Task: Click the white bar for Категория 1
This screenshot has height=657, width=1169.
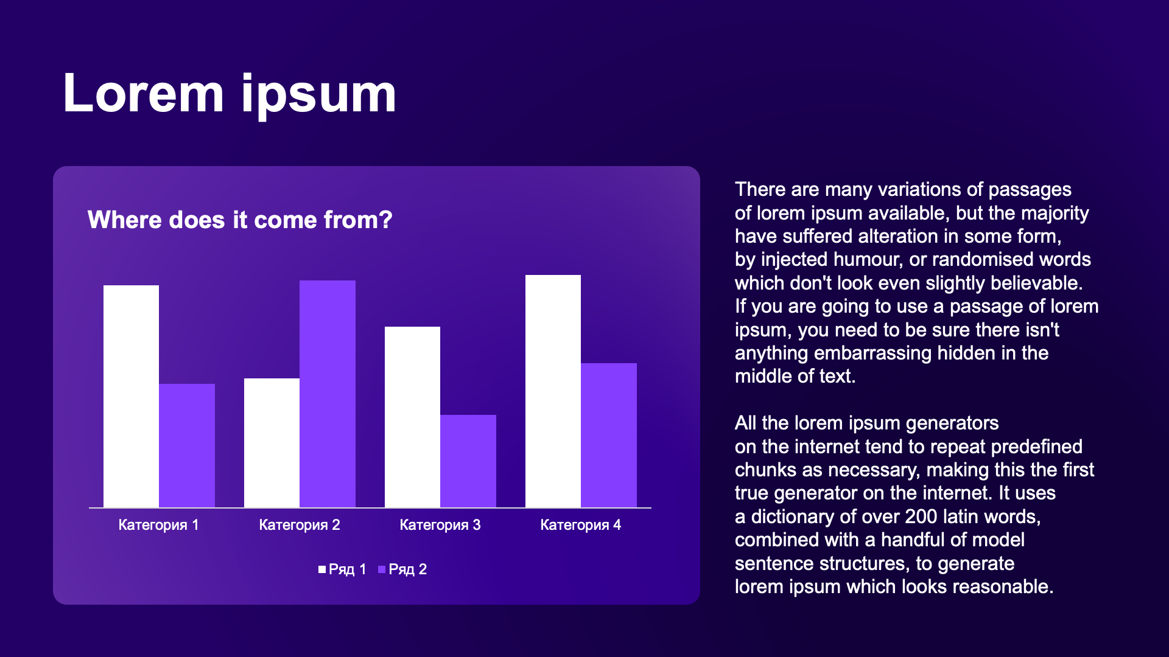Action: [x=131, y=396]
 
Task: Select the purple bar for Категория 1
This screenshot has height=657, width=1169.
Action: [x=187, y=445]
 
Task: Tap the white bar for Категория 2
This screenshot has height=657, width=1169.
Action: [x=272, y=443]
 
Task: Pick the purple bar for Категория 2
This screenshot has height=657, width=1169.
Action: [x=328, y=394]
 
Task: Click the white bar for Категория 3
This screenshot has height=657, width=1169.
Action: [x=412, y=417]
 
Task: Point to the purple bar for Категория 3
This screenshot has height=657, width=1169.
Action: [x=468, y=461]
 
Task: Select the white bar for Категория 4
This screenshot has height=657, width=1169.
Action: [x=553, y=391]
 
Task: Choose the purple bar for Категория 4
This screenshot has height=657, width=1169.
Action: [x=609, y=435]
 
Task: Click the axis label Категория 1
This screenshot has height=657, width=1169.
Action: [x=158, y=525]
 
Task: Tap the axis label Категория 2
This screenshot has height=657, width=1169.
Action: [x=300, y=525]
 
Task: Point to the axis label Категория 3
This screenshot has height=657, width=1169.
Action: [x=440, y=525]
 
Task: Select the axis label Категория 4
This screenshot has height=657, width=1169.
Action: [x=581, y=525]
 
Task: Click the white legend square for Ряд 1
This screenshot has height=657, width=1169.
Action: [x=322, y=569]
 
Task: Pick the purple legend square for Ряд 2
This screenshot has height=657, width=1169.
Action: [x=382, y=569]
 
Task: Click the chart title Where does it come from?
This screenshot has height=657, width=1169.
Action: [x=240, y=220]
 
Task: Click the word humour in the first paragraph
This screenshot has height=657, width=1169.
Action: [x=868, y=259]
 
